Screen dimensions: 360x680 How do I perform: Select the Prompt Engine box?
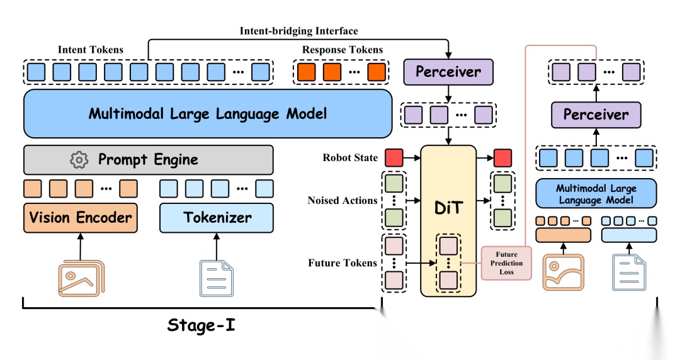[148, 160]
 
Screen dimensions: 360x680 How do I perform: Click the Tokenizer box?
[217, 218]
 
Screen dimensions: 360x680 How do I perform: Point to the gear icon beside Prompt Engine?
[79, 160]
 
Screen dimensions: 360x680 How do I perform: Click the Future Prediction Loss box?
[506, 263]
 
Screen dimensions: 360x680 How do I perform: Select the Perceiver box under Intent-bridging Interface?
[448, 71]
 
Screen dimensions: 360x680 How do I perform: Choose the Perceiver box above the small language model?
[596, 115]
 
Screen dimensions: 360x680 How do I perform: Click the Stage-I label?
[201, 325]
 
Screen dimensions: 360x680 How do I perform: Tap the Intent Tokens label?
[91, 49]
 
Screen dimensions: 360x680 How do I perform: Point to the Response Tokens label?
[343, 49]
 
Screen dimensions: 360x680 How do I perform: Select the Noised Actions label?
[343, 201]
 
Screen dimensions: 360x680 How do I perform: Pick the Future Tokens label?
[343, 263]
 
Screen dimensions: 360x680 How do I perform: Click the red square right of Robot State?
[394, 158]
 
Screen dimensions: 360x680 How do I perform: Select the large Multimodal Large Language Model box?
[208, 114]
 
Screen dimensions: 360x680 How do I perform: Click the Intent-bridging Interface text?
[298, 31]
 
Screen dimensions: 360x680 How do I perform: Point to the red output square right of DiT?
[502, 158]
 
